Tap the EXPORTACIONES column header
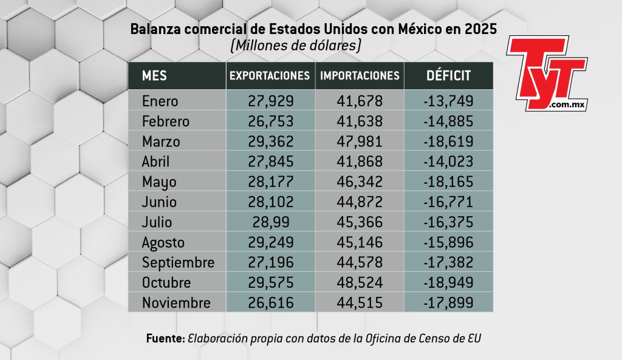[270, 76]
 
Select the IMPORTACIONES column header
[360, 76]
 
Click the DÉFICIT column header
[448, 76]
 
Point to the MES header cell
[154, 76]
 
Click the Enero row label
[160, 101]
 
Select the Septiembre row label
[178, 262]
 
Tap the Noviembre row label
[176, 302]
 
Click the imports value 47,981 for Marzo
[360, 141]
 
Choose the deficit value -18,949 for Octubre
[448, 282]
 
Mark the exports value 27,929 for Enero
[270, 101]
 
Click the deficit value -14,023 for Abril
[448, 161]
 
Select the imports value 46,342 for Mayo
[360, 182]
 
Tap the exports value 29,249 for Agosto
[270, 242]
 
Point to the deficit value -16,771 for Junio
[448, 202]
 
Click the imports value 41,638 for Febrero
[360, 121]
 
